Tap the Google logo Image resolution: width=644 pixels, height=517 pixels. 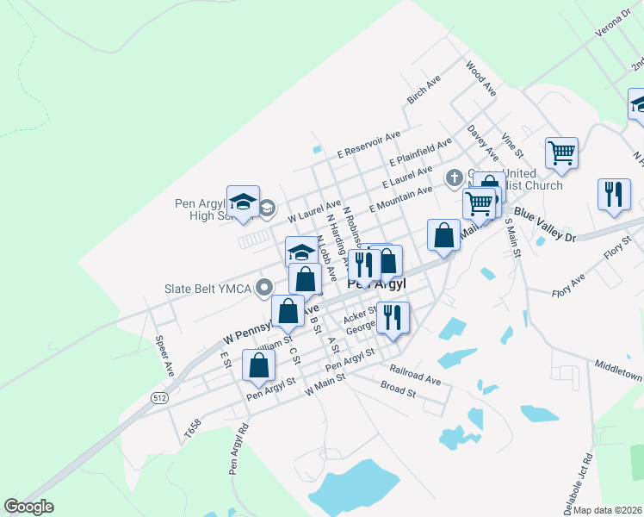29,507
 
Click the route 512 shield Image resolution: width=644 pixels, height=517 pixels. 159,398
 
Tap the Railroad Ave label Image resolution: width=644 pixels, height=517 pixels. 414,374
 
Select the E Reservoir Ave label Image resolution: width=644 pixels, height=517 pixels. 368,141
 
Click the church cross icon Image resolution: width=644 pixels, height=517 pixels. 455,178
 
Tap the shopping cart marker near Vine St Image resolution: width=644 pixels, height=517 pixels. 561,153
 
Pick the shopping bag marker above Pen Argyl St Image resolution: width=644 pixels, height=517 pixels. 258,364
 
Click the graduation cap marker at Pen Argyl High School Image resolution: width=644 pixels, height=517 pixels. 243,202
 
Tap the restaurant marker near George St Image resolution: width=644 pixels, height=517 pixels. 393,316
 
